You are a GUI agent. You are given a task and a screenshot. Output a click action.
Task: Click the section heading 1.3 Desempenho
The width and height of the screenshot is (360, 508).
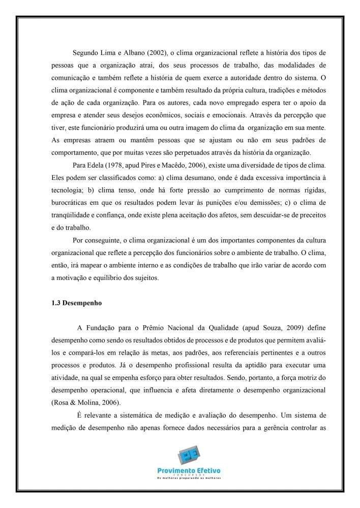tap(76, 303)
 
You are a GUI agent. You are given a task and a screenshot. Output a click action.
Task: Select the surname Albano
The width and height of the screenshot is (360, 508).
tap(134, 52)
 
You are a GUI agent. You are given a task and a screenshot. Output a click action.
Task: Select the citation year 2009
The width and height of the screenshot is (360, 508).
tap(297, 327)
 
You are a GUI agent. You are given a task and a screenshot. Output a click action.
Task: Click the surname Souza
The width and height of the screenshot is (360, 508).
tap(276, 327)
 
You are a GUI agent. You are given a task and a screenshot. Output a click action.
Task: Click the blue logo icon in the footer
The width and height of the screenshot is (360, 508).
tap(189, 457)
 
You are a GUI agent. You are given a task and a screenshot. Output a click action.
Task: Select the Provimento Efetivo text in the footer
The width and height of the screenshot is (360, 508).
tap(189, 471)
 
